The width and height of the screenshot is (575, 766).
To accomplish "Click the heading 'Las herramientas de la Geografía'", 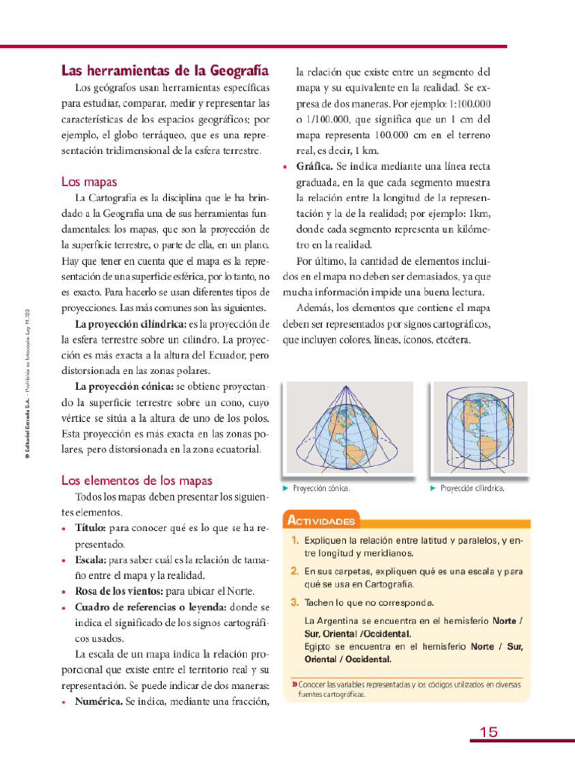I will [x=164, y=71].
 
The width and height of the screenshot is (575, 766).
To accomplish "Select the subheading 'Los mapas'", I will [x=88, y=182].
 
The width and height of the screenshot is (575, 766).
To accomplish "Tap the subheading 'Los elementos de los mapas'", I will [x=136, y=480].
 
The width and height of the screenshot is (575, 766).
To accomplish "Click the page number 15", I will [x=488, y=732].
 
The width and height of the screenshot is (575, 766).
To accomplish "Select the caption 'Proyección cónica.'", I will [x=320, y=488].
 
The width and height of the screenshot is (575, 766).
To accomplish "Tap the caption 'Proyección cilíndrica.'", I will [x=472, y=488].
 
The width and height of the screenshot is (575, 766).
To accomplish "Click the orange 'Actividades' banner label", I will [x=320, y=521].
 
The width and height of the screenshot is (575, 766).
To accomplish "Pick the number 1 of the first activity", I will [x=295, y=540].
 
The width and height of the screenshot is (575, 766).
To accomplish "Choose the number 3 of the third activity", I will [x=295, y=602].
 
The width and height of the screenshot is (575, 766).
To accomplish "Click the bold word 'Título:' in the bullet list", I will [x=91, y=528].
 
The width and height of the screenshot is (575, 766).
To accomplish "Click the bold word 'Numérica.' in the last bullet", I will [x=99, y=702].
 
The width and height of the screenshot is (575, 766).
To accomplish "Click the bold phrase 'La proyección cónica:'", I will [x=124, y=387].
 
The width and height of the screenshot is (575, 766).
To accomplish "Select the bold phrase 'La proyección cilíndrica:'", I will [x=130, y=324].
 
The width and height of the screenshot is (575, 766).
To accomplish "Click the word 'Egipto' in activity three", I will [x=319, y=646].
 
